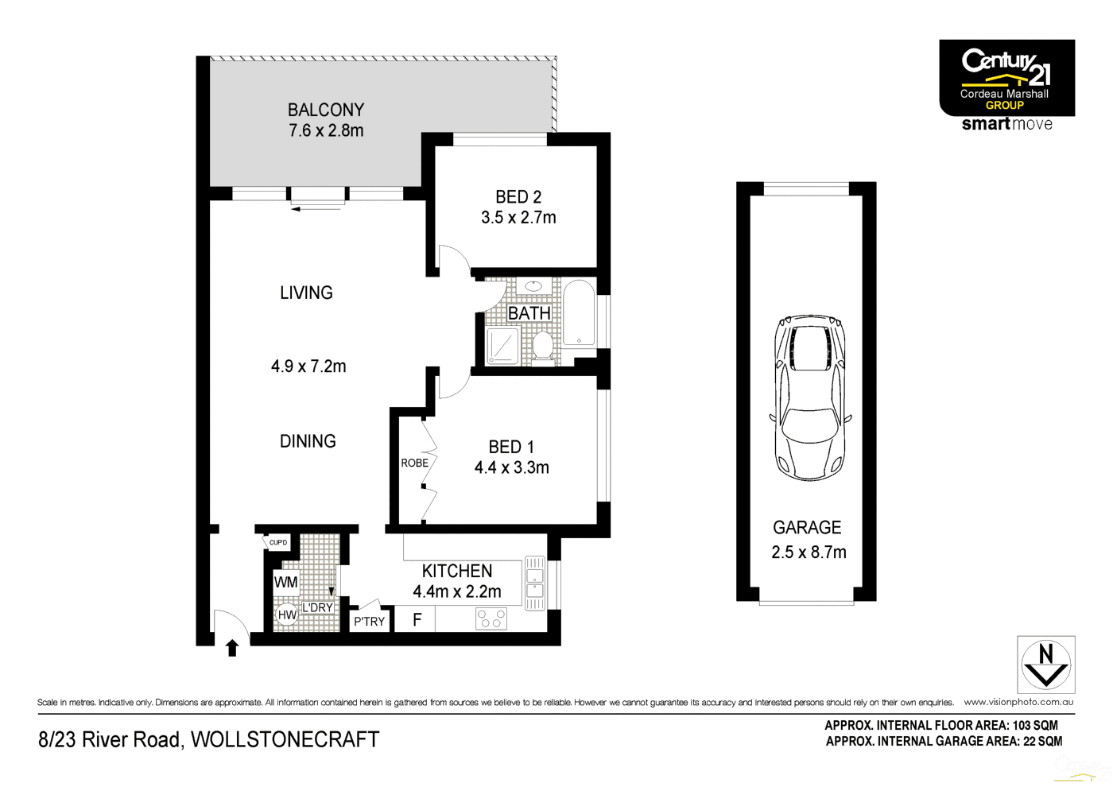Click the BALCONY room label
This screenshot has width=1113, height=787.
326,110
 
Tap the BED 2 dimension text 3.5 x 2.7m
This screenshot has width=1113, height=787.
518,218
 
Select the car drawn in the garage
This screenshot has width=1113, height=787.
810,397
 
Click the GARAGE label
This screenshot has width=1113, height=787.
807,528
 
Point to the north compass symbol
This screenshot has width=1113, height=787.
1046,665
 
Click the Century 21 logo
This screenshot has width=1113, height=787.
1006,78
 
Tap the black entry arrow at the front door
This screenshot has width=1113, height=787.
232,648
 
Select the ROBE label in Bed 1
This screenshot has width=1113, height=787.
414,463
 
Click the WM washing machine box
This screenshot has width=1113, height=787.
285,582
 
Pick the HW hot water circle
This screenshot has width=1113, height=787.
287,614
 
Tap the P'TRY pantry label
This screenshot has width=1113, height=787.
370,622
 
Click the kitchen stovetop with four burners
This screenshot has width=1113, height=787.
491,618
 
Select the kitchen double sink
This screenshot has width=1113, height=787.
535,583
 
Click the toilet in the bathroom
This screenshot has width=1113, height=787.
543,346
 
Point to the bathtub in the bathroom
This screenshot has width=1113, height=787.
580,313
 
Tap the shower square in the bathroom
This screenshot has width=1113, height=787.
502,346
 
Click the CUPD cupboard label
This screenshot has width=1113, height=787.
278,543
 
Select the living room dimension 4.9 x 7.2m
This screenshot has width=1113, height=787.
308,366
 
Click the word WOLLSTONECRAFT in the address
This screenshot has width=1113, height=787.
285,739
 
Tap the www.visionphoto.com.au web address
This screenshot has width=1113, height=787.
1018,702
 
